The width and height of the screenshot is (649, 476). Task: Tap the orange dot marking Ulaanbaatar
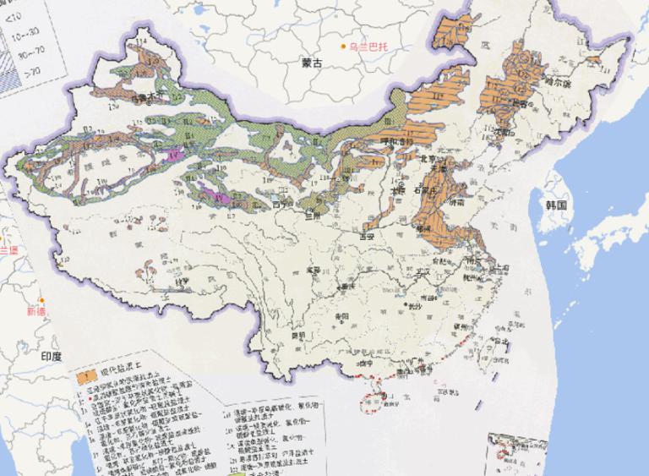coord(343,47)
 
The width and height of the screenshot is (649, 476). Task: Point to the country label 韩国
coord(554,205)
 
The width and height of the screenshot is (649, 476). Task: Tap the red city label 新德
coord(36,311)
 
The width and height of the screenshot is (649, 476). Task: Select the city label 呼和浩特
coord(394,141)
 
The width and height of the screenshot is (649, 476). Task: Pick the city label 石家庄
coord(434,189)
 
